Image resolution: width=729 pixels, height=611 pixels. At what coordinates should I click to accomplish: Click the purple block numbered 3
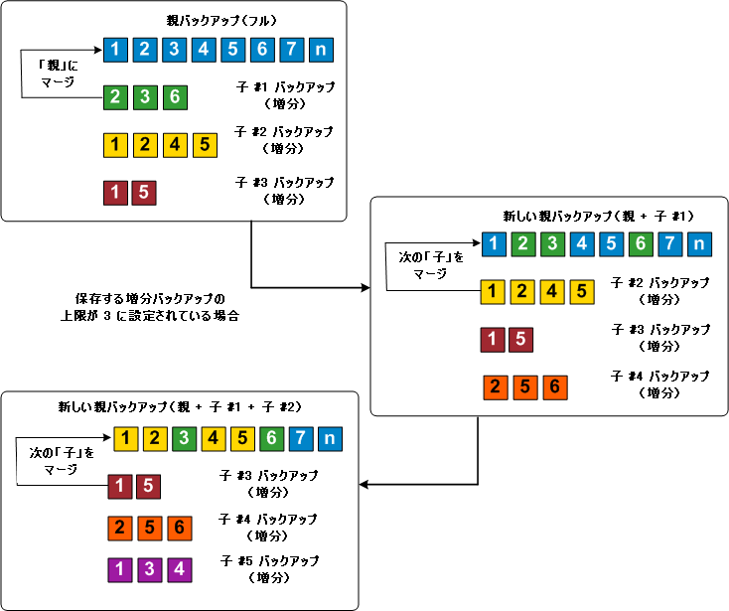[x=149, y=569]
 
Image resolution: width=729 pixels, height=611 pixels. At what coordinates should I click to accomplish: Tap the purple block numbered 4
[x=179, y=569]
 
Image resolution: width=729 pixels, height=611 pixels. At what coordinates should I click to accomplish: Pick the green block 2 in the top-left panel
[x=116, y=97]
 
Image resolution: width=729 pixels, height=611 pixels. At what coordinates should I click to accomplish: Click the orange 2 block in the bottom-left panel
[x=120, y=528]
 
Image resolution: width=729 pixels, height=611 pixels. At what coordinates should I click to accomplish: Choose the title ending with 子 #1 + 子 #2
[x=179, y=406]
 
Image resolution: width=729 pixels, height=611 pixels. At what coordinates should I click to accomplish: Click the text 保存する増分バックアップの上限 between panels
[x=150, y=306]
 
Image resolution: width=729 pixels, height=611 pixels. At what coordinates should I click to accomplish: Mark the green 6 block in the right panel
[x=642, y=243]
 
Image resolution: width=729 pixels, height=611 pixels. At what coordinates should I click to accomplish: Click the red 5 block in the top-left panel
[x=144, y=192]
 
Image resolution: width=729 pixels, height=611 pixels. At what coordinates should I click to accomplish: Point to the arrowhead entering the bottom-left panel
[x=364, y=485]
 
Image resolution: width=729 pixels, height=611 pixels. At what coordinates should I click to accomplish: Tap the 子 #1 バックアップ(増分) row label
[x=284, y=95]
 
